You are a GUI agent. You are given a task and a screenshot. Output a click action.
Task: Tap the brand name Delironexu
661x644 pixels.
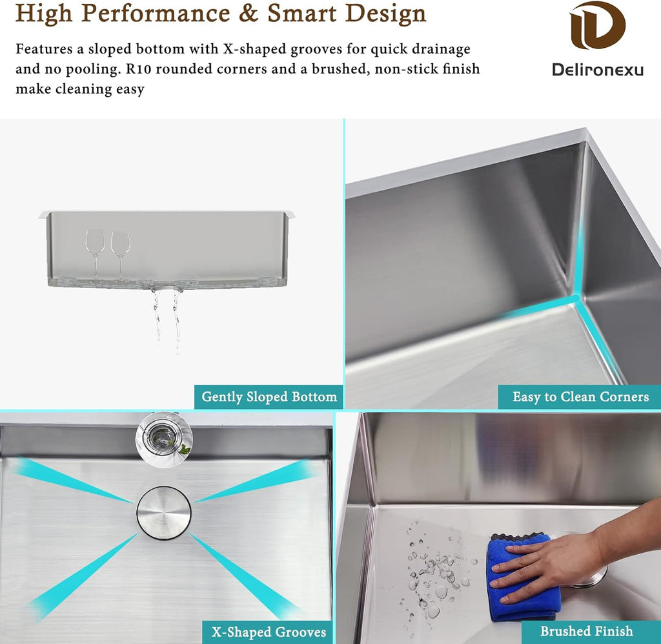(597, 69)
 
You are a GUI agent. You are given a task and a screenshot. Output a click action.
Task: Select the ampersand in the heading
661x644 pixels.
(249, 13)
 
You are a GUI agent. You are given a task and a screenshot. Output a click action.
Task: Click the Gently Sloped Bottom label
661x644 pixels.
(269, 397)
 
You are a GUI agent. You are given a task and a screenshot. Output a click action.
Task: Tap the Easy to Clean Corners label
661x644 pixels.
(580, 397)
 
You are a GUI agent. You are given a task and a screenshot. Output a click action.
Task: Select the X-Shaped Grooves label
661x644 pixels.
(269, 631)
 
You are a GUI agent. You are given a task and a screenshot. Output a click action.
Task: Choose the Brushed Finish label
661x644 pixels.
(586, 631)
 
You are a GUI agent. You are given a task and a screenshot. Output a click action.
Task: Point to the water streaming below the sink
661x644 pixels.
(167, 320)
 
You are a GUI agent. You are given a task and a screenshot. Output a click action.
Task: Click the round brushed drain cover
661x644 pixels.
(164, 512)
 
